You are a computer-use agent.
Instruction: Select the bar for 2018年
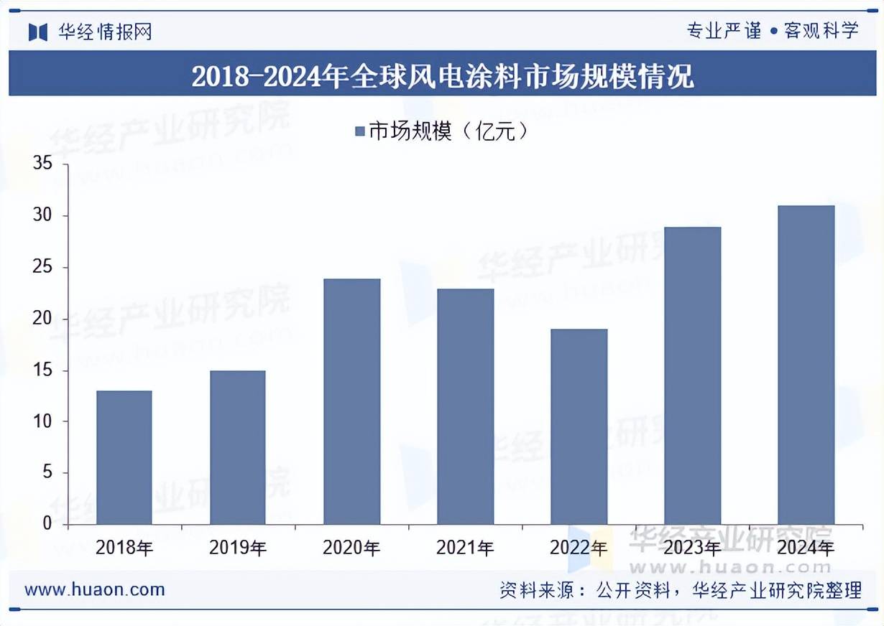tap(124, 457)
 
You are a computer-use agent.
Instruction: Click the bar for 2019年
tap(238, 447)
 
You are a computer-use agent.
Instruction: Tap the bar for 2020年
tap(351, 401)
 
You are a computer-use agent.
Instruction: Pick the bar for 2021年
tap(466, 406)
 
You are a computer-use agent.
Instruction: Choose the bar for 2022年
tap(579, 426)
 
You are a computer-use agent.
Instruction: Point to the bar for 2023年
tap(693, 375)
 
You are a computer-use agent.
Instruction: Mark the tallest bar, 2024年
tap(806, 365)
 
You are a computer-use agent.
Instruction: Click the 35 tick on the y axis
tap(43, 164)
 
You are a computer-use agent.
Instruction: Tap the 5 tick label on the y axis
tap(48, 472)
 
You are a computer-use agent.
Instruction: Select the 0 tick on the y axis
tap(48, 524)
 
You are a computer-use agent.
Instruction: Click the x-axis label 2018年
tap(124, 548)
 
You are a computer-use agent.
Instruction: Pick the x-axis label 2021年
tap(466, 548)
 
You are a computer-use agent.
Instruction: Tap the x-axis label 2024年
tap(806, 548)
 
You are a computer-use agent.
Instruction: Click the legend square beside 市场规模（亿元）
tap(360, 131)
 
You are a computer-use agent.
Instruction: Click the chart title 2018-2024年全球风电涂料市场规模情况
tap(442, 75)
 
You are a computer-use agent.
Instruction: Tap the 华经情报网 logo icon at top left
tap(38, 32)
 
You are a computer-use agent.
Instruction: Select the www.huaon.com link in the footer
tap(95, 590)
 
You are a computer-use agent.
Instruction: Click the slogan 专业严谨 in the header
tap(724, 31)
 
